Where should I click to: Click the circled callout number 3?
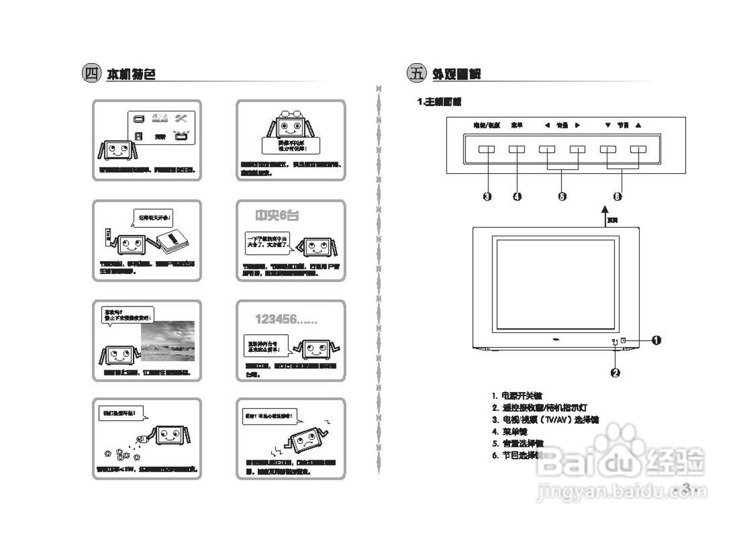(487, 197)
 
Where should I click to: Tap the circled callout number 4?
(517, 197)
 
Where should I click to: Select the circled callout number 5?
(562, 197)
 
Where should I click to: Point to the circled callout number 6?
(617, 197)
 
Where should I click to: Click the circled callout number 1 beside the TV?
(656, 340)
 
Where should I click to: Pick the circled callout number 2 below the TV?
(615, 373)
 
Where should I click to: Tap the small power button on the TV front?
(623, 340)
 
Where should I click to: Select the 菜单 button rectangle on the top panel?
(517, 150)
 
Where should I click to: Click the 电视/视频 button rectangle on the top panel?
(487, 150)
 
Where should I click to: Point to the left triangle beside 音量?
(547, 125)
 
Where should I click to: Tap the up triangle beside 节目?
(639, 125)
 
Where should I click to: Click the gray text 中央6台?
(277, 216)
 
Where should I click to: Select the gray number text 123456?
(286, 320)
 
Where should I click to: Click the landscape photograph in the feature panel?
(167, 340)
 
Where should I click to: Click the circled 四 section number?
(91, 74)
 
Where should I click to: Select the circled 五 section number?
(416, 74)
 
